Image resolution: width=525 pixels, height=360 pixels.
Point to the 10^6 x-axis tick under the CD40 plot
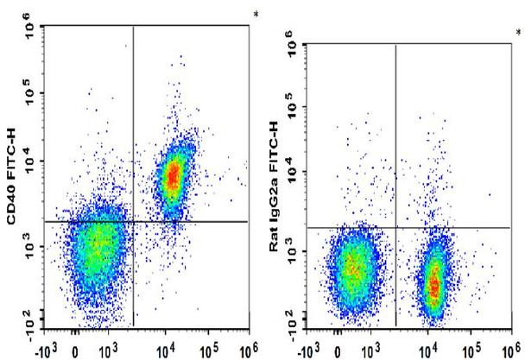click(x=246, y=350)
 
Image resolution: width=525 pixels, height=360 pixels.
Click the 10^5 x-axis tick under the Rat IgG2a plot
click(x=471, y=350)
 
